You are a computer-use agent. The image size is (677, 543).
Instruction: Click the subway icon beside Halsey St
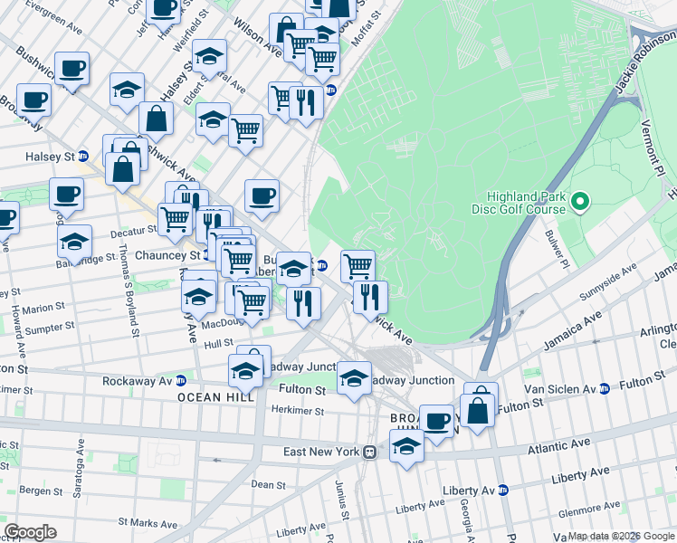(82, 156)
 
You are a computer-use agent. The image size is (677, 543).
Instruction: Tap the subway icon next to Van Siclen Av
(603, 389)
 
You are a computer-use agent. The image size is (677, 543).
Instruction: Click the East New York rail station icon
(369, 452)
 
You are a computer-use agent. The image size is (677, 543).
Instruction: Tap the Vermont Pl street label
(653, 148)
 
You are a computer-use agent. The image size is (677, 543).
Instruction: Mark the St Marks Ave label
(136, 522)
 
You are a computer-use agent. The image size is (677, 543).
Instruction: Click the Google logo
(30, 531)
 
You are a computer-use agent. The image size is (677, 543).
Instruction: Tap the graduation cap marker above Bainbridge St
(75, 240)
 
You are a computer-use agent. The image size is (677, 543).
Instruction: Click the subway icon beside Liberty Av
(503, 490)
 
